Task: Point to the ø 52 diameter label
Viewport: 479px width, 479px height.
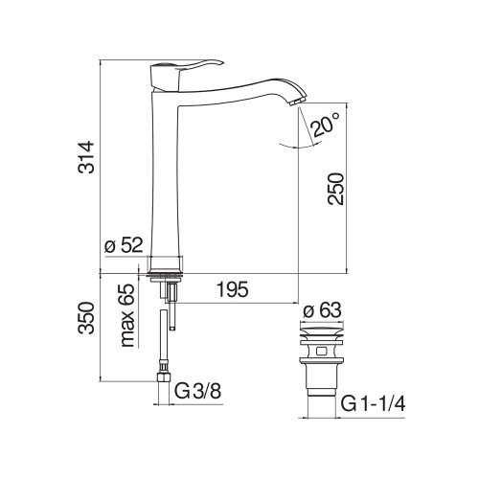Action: [x=124, y=246]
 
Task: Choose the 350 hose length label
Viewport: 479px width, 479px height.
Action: [x=85, y=326]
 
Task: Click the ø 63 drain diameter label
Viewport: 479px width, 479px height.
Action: [x=323, y=310]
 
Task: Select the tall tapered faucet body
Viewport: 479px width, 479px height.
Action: [x=168, y=172]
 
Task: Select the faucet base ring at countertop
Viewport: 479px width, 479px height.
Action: [x=168, y=264]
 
